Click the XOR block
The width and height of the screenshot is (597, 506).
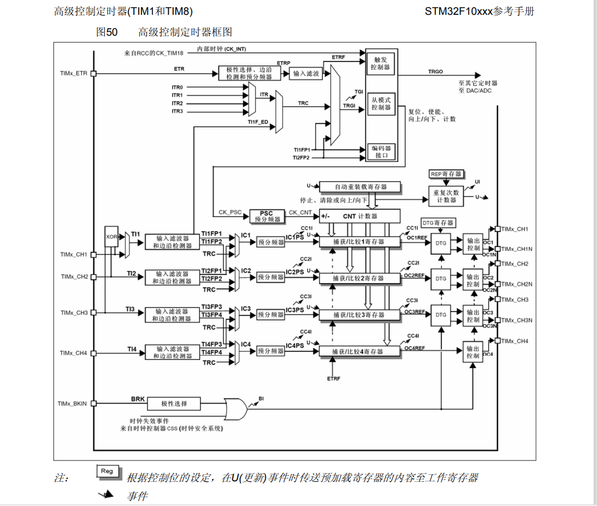click(x=112, y=237)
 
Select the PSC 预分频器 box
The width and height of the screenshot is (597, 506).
click(x=266, y=216)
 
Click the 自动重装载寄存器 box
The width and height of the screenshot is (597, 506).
click(x=360, y=187)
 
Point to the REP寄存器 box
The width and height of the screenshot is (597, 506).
click(x=446, y=174)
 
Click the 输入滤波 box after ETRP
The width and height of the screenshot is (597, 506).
click(x=306, y=74)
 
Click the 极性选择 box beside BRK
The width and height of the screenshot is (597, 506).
click(x=174, y=403)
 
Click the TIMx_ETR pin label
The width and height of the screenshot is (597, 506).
click(x=74, y=73)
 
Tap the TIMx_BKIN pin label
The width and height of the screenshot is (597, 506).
click(x=73, y=403)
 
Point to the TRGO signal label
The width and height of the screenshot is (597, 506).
click(x=436, y=72)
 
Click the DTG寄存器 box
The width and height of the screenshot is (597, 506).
click(x=438, y=223)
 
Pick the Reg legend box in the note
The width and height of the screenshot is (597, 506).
click(x=107, y=471)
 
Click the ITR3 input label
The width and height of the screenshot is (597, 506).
click(x=177, y=111)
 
